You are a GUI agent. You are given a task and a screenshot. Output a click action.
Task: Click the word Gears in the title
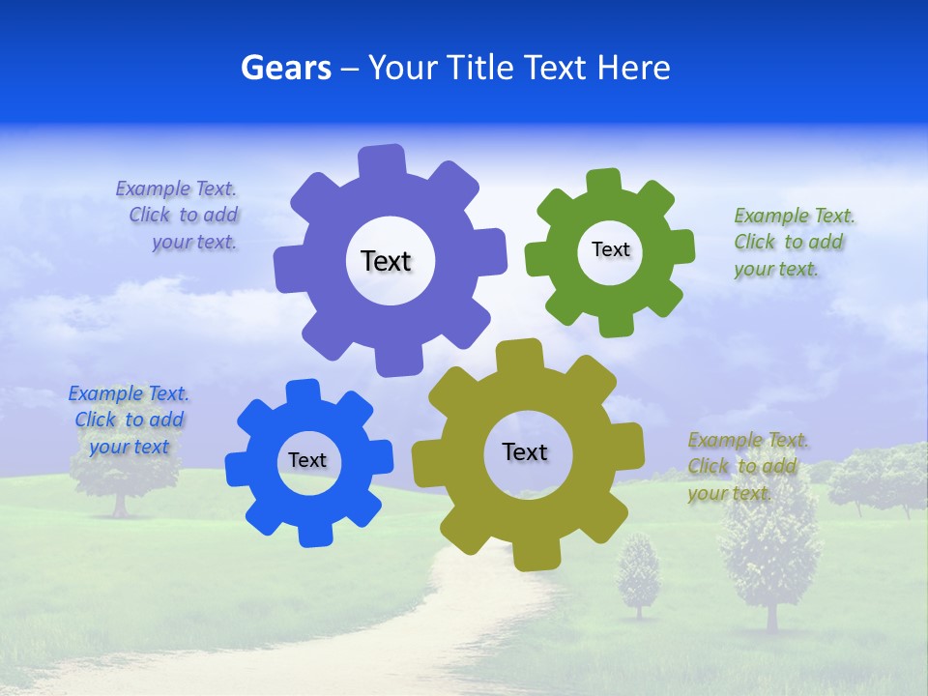(x=285, y=68)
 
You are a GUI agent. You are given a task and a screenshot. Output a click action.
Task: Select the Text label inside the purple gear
(x=386, y=261)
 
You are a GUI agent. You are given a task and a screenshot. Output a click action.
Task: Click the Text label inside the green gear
(x=610, y=249)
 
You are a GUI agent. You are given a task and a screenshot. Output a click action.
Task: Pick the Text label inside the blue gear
(x=307, y=460)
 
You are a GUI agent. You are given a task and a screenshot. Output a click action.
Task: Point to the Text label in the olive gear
(x=525, y=451)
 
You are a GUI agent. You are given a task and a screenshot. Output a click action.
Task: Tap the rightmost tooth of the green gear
(x=681, y=246)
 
